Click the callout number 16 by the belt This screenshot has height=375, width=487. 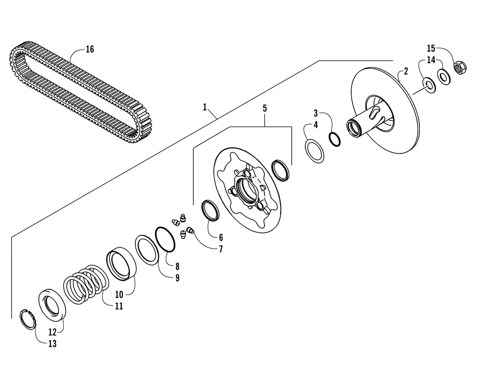pos(90,49)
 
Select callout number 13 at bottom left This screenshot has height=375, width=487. pos(53,344)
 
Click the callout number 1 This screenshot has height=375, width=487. pos(205,106)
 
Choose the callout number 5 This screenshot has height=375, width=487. pos(265,108)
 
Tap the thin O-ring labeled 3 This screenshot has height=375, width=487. pos(334,139)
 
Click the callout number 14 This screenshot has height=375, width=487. pos(431,60)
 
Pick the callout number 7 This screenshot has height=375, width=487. pos(221,249)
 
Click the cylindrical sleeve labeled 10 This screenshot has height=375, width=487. pos(121,264)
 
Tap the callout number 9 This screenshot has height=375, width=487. pos(178,278)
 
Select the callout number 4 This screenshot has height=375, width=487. pos(316,125)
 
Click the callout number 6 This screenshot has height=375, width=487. pos(221,237)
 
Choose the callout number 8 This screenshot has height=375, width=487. pos(178,266)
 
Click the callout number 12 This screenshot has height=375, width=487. pos(52,332)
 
